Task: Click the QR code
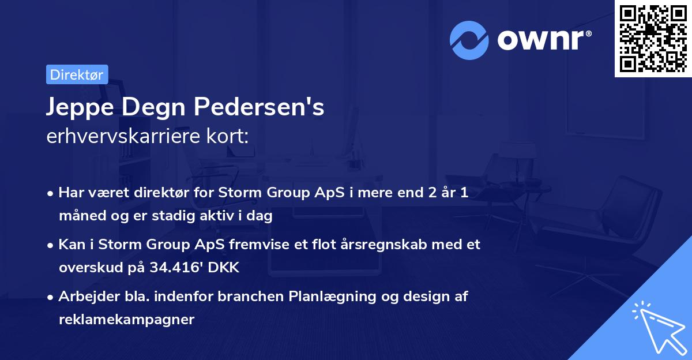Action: (653, 38)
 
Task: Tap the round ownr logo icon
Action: (469, 40)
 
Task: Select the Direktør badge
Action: (77, 74)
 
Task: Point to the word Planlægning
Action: (328, 297)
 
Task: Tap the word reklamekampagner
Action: (126, 319)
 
